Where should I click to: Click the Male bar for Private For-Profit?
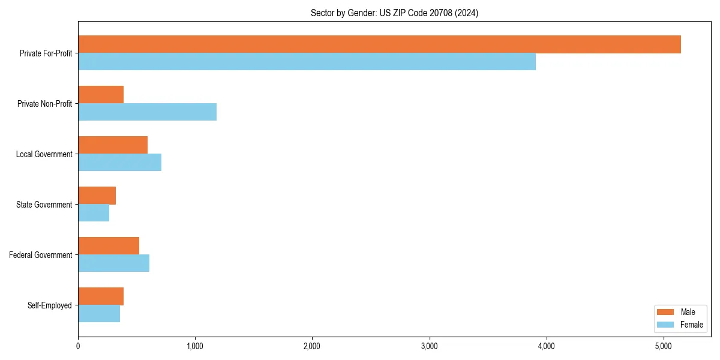pyautogui.click(x=379, y=44)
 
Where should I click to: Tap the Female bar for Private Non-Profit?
pyautogui.click(x=147, y=112)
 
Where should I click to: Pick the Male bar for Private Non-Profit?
pyautogui.click(x=101, y=95)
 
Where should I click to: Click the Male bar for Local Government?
pyautogui.click(x=113, y=145)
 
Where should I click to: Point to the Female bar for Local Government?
pyautogui.click(x=119, y=163)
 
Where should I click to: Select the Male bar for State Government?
pyautogui.click(x=97, y=196)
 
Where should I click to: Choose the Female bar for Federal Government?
pyautogui.click(x=113, y=263)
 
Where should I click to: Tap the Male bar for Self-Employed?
pyautogui.click(x=101, y=296)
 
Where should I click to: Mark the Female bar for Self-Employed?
pyautogui.click(x=99, y=314)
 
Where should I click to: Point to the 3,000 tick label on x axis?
pyautogui.click(x=429, y=346)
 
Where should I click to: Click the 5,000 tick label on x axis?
pyautogui.click(x=663, y=346)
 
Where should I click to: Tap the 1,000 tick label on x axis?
pyautogui.click(x=195, y=346)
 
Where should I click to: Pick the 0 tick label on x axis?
pyautogui.click(x=78, y=346)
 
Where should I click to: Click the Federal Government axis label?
pyautogui.click(x=41, y=255)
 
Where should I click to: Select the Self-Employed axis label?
pyautogui.click(x=50, y=305)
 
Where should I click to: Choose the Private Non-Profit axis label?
pyautogui.click(x=44, y=104)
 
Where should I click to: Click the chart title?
pyautogui.click(x=394, y=13)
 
